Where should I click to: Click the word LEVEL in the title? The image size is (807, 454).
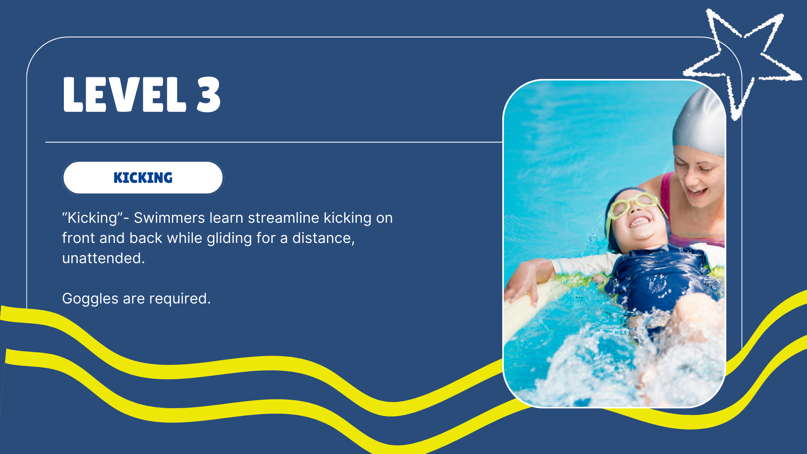[x=124, y=95]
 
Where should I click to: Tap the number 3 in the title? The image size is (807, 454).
[x=208, y=95]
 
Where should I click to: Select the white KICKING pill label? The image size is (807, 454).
[x=143, y=177]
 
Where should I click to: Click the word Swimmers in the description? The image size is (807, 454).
[x=169, y=218]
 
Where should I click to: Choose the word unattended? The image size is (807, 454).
[x=103, y=258]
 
